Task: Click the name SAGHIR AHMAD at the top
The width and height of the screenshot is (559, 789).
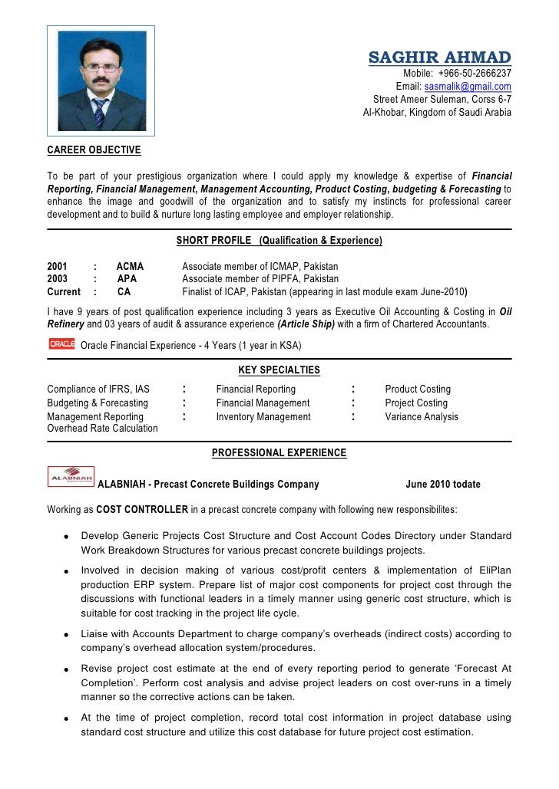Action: coord(440,58)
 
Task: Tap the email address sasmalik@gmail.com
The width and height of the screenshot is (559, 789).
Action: coord(468,87)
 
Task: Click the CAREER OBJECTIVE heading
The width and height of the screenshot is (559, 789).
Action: coord(94,149)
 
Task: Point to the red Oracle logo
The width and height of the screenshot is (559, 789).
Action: coord(61,344)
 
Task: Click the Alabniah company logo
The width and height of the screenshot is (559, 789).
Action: coord(71,476)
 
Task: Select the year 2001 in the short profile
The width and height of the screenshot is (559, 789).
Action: coord(58,266)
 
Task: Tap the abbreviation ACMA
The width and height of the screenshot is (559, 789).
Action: coord(130,266)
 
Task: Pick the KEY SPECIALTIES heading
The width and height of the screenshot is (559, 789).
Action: coord(279,370)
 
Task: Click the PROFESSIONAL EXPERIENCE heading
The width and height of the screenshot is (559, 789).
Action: coord(279,453)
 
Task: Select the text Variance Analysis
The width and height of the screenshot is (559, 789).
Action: coord(422,417)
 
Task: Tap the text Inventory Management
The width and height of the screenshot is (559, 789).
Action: coord(263,417)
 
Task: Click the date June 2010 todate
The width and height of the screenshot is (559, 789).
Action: coord(442,485)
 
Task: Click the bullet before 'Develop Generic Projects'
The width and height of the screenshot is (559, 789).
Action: coord(68,537)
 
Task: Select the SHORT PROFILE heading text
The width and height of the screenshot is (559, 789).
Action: coord(214,241)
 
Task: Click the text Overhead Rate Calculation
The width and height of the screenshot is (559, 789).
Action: coord(102,429)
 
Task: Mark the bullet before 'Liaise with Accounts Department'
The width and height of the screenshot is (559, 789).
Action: coord(68,636)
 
